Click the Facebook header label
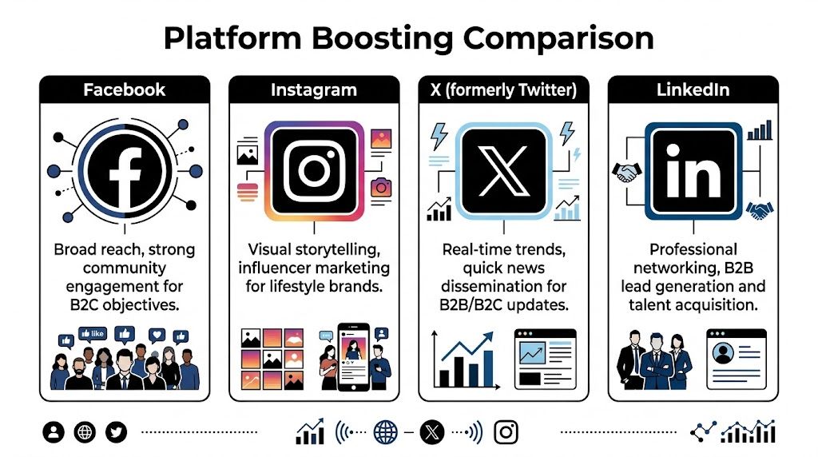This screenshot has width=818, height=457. pos(124,89)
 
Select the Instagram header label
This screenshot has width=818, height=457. pos(314,89)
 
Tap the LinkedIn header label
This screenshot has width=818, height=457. pos(693,89)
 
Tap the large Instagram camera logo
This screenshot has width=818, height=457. pos(314,170)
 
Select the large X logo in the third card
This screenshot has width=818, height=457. pos(503,170)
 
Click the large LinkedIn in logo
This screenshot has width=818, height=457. pos(693,171)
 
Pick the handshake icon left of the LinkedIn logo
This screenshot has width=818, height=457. pos(626,172)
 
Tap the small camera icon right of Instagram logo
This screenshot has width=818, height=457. pos(381,188)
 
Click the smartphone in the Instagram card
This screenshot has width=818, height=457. pos(354,360)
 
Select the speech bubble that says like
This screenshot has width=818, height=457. pos(95,333)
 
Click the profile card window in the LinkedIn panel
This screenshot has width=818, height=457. pos(736,359)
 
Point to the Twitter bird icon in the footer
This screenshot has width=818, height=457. pos(117,432)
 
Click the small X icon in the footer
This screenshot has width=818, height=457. pos(431,432)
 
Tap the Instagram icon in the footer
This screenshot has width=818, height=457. pos(506,432)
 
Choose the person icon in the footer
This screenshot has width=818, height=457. pos(54,432)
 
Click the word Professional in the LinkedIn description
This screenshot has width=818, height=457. pos(693,249)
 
